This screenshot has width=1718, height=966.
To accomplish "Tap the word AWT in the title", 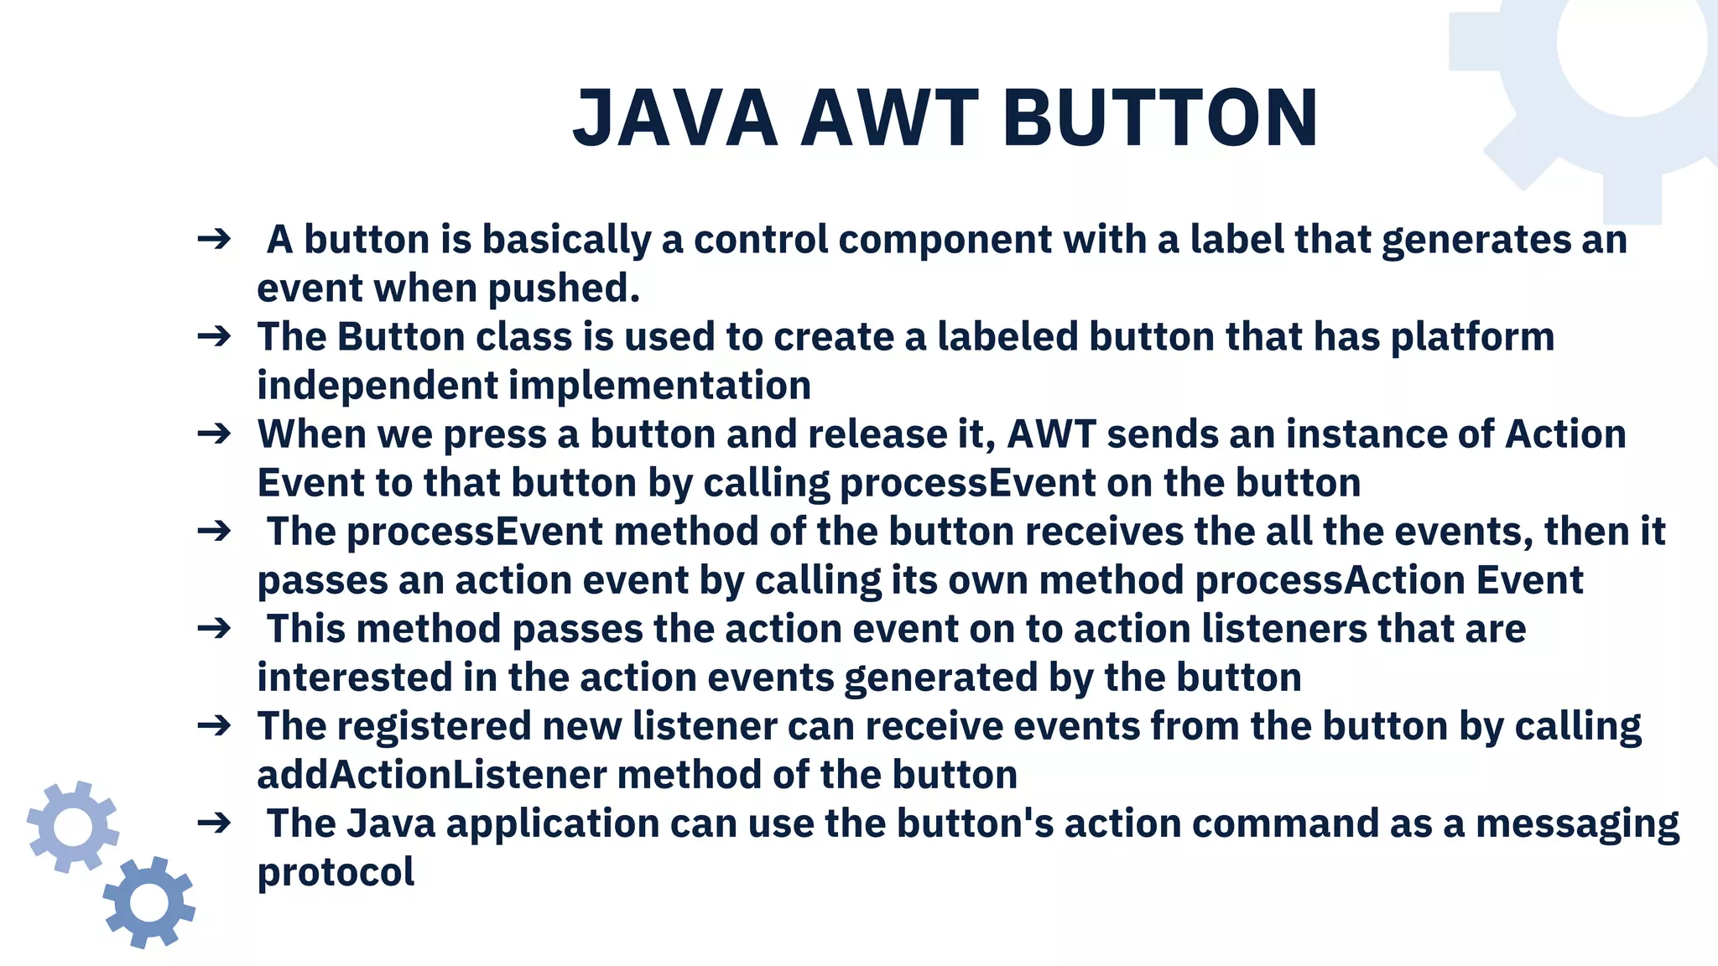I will [889, 119].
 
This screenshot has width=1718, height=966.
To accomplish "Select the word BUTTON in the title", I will [1159, 119].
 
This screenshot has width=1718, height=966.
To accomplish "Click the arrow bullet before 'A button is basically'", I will [214, 240].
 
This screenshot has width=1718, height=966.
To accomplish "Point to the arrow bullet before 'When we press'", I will [214, 434].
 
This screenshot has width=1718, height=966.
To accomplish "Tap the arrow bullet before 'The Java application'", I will [214, 823].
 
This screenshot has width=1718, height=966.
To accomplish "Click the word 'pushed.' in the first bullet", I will [564, 288].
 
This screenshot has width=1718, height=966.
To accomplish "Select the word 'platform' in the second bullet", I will [1472, 337].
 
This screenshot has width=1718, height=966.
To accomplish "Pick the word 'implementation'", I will [659, 386].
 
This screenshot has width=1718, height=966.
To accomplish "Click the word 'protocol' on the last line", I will [336, 872].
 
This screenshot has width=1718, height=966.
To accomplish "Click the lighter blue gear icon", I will [73, 827].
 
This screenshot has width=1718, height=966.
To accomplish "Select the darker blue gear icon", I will [149, 902].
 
